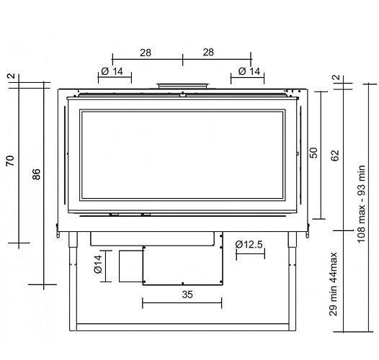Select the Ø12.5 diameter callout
click(250, 245)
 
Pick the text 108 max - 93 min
click(362, 203)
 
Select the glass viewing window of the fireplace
click(183, 155)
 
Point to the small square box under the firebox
click(130, 266)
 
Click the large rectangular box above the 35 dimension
click(182, 264)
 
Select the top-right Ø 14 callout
click(249, 71)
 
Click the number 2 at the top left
click(11, 78)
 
